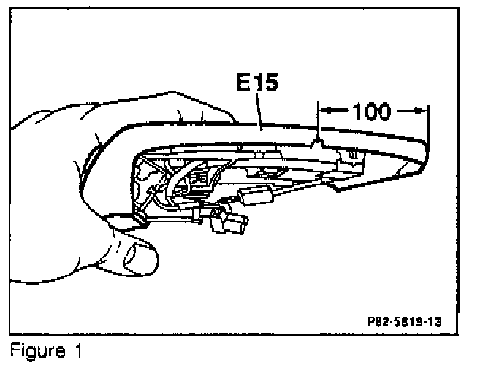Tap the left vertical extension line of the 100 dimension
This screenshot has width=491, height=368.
(x=319, y=124)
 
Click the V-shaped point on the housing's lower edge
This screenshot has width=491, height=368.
(x=332, y=187)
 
